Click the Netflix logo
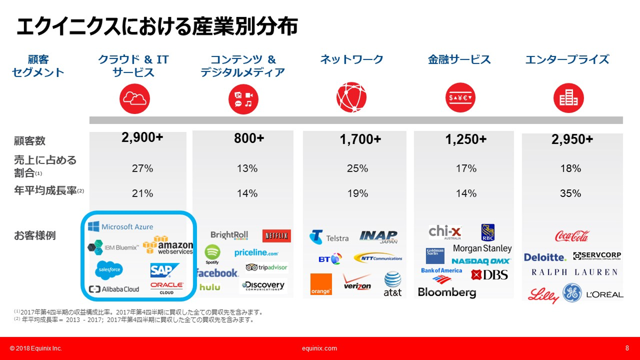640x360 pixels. click(x=276, y=236)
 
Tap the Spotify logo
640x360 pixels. click(x=212, y=254)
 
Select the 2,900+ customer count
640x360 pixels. click(x=142, y=138)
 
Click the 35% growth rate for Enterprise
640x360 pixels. click(x=571, y=193)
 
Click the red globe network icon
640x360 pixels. click(x=352, y=98)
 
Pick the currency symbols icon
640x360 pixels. click(x=460, y=98)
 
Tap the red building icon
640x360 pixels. click(x=568, y=98)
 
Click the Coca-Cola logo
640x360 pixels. click(x=572, y=236)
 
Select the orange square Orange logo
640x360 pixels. click(x=321, y=284)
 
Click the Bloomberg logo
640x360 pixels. click(x=447, y=292)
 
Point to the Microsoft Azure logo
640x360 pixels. click(x=120, y=227)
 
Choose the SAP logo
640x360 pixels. click(x=164, y=270)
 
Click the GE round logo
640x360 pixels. click(x=572, y=293)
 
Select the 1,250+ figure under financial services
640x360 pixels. click(x=466, y=139)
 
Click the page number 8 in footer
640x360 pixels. click(x=627, y=348)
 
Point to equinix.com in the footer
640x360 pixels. click(x=319, y=348)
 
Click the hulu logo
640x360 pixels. click(x=210, y=287)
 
